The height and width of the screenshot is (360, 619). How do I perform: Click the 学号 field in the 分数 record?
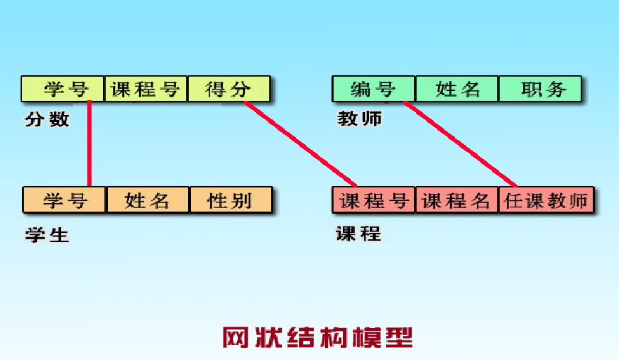(x=62, y=89)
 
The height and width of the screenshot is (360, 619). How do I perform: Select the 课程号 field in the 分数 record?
(x=146, y=89)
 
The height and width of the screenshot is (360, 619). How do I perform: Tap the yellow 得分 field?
(x=229, y=89)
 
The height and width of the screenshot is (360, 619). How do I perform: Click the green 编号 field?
(x=373, y=89)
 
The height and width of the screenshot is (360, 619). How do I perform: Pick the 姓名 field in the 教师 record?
(x=456, y=89)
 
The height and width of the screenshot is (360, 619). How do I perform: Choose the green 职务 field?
(x=540, y=89)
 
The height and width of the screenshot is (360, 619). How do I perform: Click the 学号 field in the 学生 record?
(x=64, y=200)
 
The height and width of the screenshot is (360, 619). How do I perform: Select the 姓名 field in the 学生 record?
(x=148, y=200)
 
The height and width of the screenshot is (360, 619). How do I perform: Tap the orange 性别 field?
(x=231, y=200)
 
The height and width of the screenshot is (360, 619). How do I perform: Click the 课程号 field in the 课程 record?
(x=373, y=200)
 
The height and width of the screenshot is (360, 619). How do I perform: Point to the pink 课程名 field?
(x=456, y=200)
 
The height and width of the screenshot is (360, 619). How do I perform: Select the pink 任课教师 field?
(x=546, y=200)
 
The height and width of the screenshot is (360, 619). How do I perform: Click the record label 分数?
(x=48, y=119)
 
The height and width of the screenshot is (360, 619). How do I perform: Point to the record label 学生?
(x=48, y=235)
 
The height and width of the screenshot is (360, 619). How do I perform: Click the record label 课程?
(x=358, y=234)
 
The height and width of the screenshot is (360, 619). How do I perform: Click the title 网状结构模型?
(x=317, y=337)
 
